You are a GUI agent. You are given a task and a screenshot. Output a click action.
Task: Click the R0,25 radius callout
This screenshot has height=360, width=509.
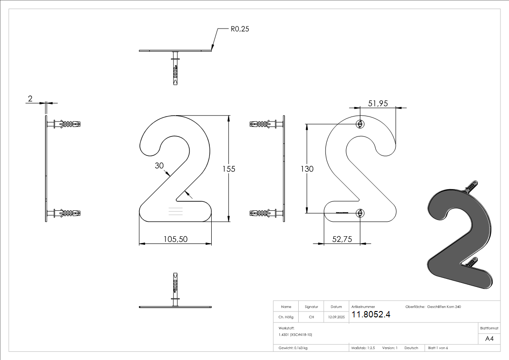[240, 29]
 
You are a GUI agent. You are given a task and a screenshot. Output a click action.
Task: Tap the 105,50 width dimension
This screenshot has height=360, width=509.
[175, 239]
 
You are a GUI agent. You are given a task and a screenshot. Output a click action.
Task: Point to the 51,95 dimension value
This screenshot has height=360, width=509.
[378, 103]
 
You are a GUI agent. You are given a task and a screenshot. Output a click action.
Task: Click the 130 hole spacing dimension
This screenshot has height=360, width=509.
[307, 169]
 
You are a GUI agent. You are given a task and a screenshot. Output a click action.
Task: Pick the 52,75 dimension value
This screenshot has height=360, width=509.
[342, 239]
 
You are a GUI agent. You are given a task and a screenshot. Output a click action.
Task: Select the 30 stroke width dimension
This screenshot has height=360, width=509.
[159, 166]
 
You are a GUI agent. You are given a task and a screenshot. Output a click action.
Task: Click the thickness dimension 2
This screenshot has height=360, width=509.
[30, 98]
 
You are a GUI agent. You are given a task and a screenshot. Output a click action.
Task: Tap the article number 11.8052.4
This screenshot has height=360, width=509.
[371, 315]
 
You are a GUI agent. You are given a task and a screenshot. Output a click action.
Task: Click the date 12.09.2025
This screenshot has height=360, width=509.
[336, 317]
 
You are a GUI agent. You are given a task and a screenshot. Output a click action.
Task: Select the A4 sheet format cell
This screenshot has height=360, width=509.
[489, 339]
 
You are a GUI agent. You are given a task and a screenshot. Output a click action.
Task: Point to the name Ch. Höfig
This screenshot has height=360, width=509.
[286, 317]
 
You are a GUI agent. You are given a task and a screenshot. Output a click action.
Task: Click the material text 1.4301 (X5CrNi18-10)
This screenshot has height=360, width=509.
[296, 334]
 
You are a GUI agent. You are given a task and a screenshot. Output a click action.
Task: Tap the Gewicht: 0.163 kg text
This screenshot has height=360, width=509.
[293, 348]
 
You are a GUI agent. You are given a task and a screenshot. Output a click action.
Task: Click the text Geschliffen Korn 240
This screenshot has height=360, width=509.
[444, 307]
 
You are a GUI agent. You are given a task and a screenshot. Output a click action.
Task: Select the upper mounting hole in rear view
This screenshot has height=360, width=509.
[360, 124]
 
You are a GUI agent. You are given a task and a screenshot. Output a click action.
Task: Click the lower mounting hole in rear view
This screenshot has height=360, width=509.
[360, 212]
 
